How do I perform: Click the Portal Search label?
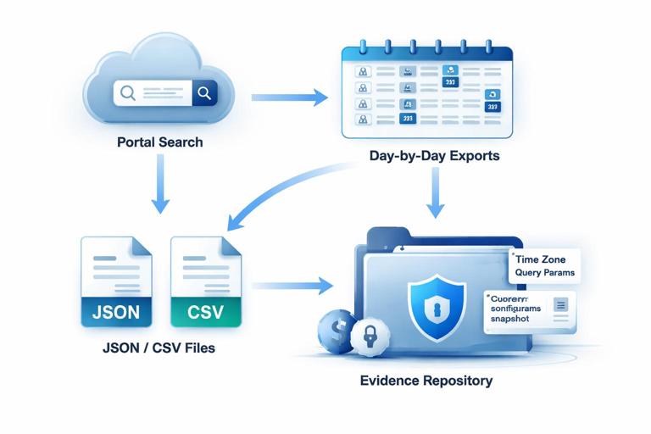click(160, 142)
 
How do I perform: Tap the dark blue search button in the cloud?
click(203, 92)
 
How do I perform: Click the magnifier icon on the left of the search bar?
click(128, 92)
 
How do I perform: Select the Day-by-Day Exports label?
click(434, 156)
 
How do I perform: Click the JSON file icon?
click(115, 281)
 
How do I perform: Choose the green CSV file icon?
click(206, 281)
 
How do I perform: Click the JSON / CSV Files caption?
click(160, 347)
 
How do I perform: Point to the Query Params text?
click(545, 273)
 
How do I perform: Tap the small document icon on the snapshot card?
click(559, 305)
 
